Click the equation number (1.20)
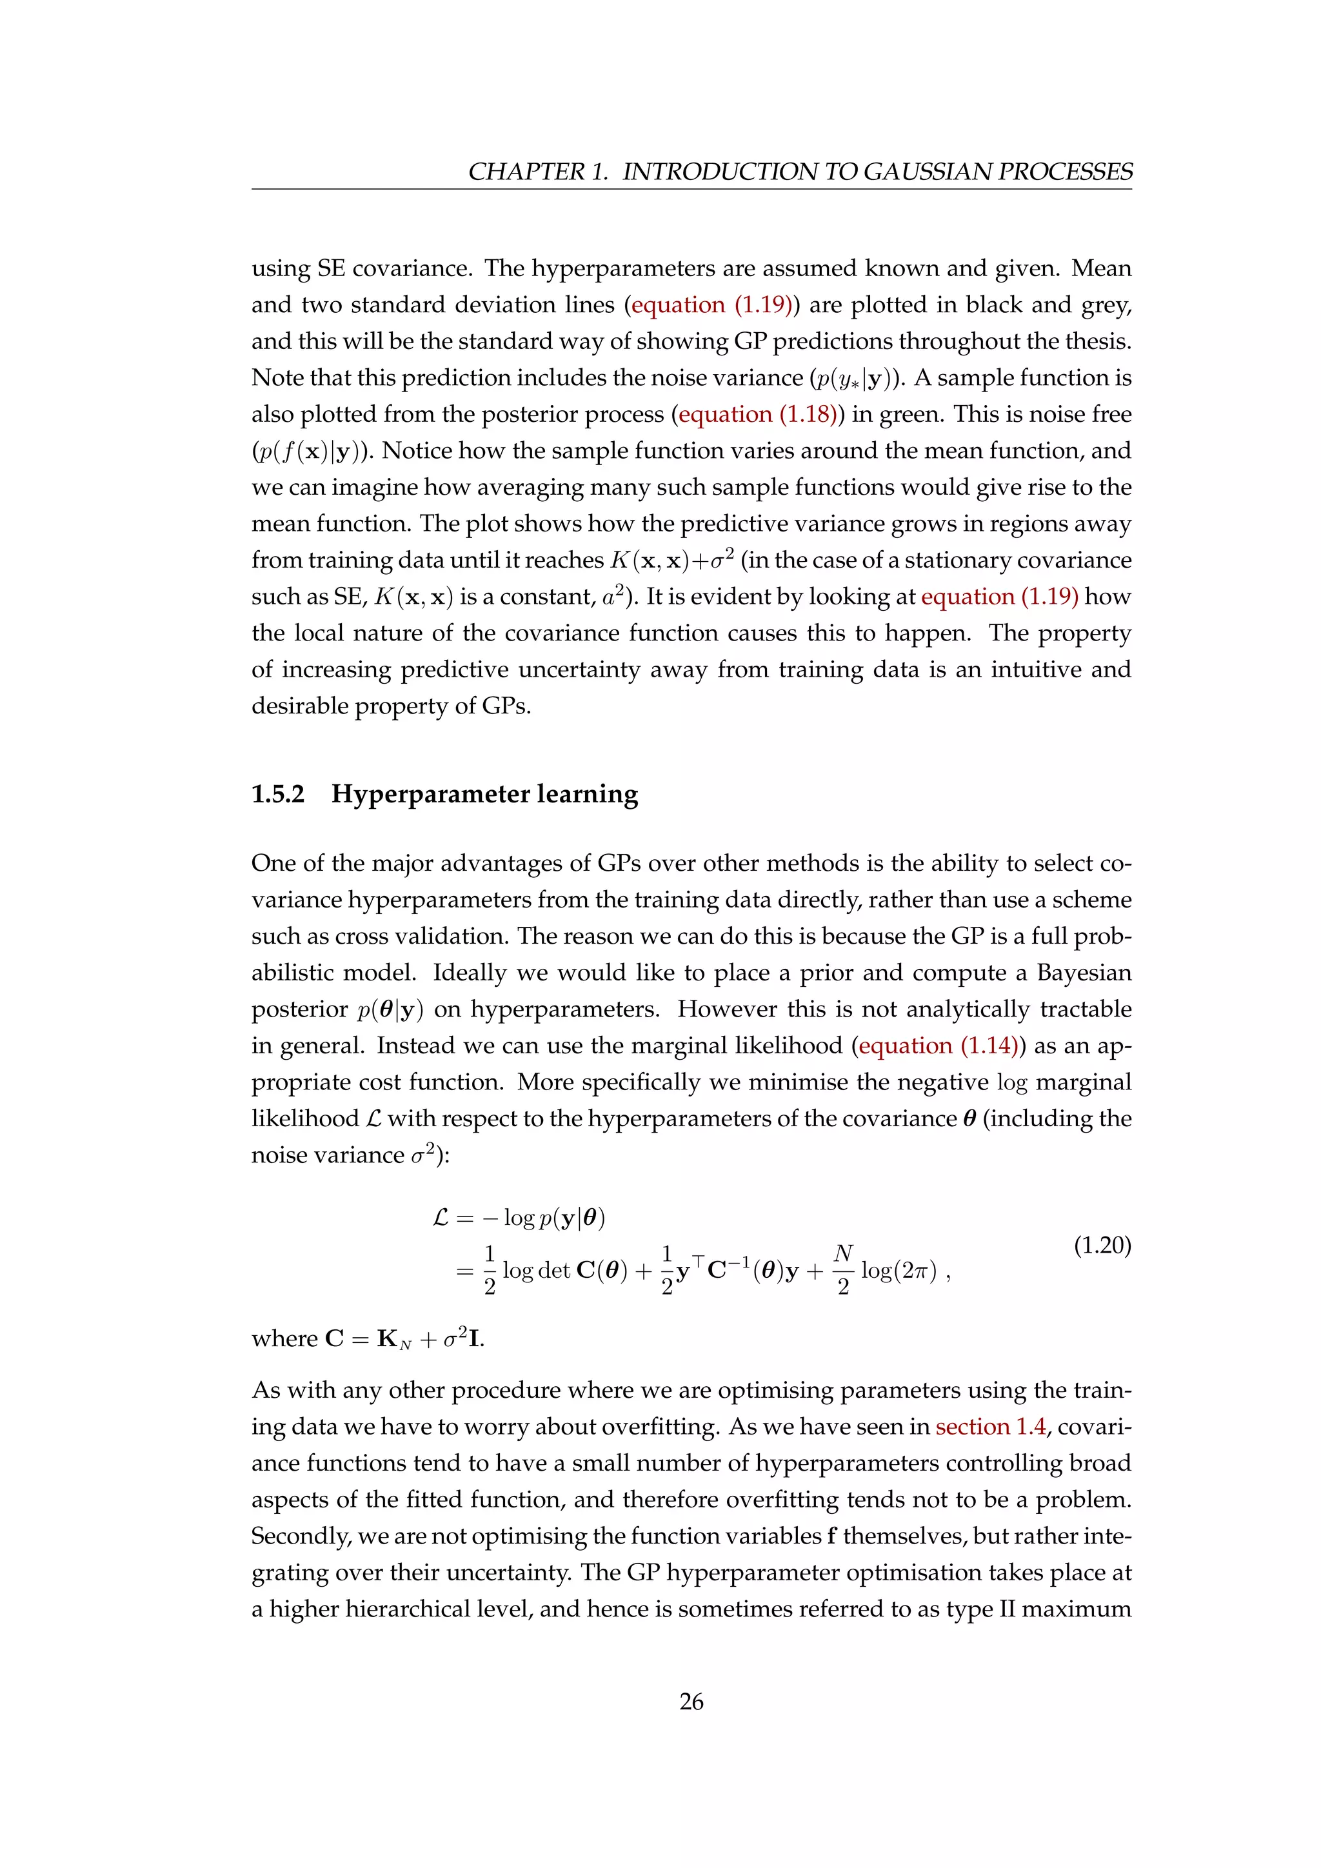(x=1102, y=1246)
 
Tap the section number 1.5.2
(x=277, y=794)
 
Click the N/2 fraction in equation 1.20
(x=844, y=1269)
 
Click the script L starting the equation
(x=441, y=1218)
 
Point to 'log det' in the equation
(x=536, y=1271)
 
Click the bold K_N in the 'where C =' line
(x=393, y=1339)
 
